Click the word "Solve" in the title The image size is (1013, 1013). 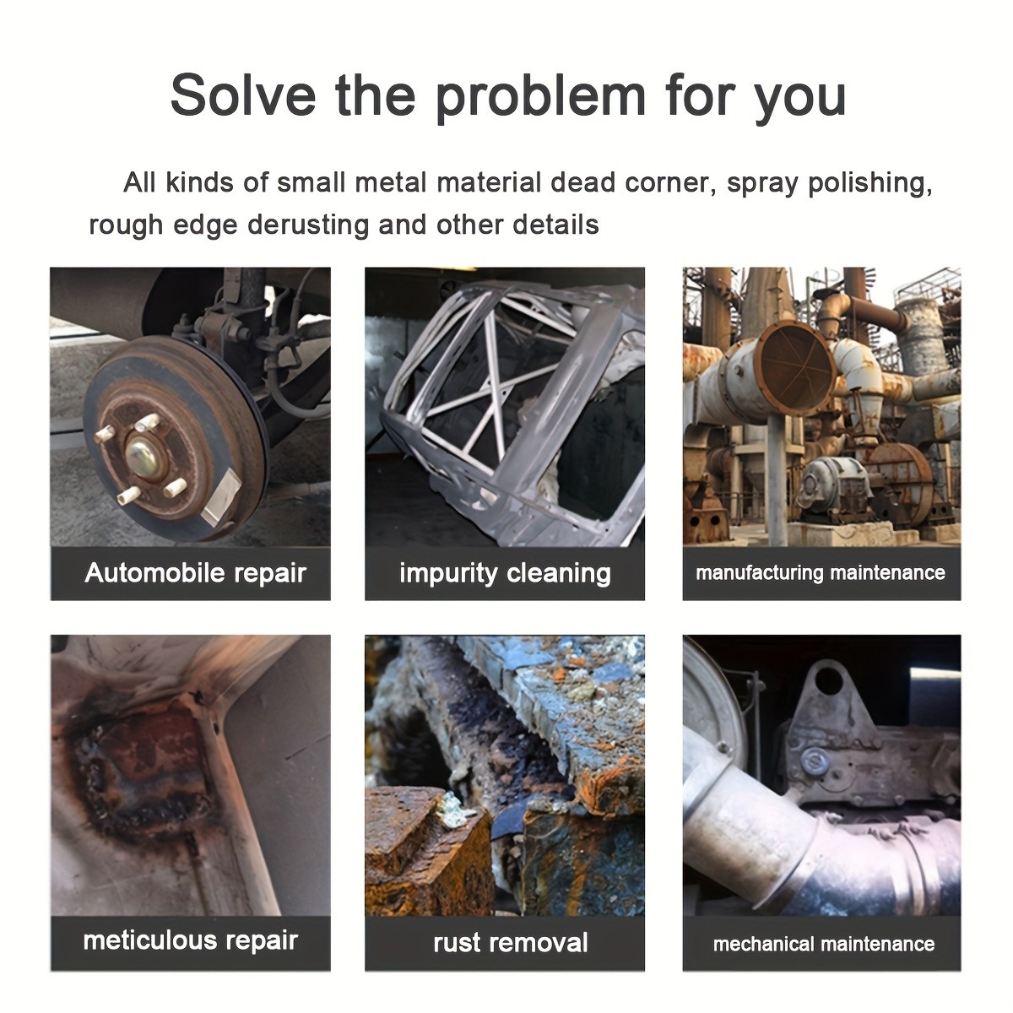tap(243, 95)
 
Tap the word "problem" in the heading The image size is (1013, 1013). tap(540, 98)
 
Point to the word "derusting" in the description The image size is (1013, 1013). tap(308, 225)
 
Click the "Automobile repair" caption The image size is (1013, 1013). tap(196, 573)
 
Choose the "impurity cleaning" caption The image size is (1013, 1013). tap(505, 573)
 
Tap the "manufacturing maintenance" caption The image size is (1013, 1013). tap(820, 572)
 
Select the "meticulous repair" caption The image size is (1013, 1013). tap(190, 941)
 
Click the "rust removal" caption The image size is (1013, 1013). tap(510, 943)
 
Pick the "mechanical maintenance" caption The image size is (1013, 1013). tap(824, 944)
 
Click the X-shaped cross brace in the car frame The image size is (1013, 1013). tap(493, 389)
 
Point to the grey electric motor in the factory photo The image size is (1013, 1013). tap(833, 483)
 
